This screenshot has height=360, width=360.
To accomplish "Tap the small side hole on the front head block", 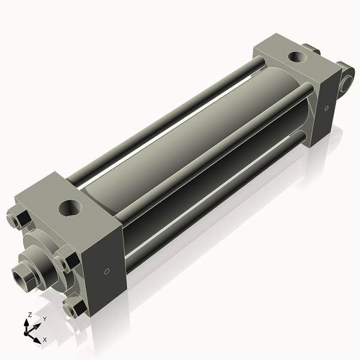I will (107, 272).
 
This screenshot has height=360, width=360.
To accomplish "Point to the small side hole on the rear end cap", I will (326, 109).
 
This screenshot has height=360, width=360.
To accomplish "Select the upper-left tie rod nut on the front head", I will (19, 218).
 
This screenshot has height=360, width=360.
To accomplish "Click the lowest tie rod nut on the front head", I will (75, 309).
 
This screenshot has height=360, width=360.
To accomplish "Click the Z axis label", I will (30, 314).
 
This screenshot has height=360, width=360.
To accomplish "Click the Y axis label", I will (44, 319).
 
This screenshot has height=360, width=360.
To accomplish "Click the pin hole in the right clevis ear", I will (346, 83).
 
